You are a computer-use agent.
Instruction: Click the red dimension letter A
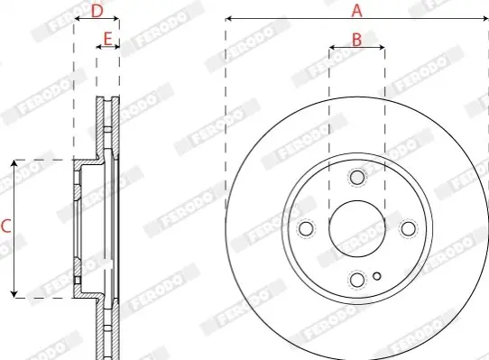pyautogui.click(x=356, y=11)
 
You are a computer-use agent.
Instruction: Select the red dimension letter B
pyautogui.click(x=356, y=40)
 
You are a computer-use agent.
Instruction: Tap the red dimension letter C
pyautogui.click(x=6, y=226)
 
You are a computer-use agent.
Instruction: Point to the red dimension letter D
pyautogui.click(x=97, y=11)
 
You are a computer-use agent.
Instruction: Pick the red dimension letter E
pyautogui.click(x=107, y=40)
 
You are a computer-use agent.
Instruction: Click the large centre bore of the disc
pyautogui.click(x=357, y=228)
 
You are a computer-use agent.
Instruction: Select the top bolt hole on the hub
pyautogui.click(x=357, y=177)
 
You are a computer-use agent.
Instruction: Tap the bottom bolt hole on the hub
pyautogui.click(x=357, y=280)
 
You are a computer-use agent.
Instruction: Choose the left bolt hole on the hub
pyautogui.click(x=306, y=228)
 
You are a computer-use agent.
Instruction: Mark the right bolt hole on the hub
pyautogui.click(x=408, y=228)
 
